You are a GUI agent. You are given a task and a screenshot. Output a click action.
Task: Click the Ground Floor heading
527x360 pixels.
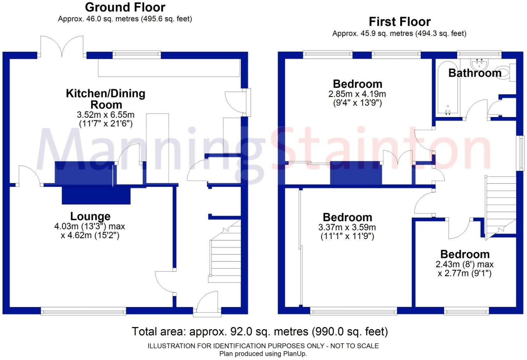point(125,7)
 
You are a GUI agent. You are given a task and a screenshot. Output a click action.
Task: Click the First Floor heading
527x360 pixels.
point(399,22)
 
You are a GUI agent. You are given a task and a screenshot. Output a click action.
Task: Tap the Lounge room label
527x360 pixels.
point(90,216)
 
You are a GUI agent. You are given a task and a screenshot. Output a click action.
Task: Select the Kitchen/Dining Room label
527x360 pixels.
point(106,99)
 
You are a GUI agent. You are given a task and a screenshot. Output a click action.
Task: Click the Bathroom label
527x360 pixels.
point(475,73)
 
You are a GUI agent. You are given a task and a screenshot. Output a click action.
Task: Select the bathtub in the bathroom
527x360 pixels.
point(447,89)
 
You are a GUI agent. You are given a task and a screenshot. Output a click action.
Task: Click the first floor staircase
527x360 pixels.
point(500,206)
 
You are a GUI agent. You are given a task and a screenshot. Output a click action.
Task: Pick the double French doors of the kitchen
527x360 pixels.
point(62,46)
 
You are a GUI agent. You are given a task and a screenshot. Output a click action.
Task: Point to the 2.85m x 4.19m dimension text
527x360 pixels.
point(357,94)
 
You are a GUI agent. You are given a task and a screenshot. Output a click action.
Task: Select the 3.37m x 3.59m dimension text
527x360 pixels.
point(347,227)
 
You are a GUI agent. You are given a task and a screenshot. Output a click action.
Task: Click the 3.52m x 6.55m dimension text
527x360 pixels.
point(106,115)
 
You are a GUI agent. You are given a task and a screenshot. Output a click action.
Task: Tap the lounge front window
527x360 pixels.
point(83,311)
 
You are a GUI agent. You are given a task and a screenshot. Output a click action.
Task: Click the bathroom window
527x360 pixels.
point(479,54)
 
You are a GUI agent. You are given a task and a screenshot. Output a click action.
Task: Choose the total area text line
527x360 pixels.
point(260,332)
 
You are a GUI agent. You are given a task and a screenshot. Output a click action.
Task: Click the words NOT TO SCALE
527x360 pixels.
point(354,346)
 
